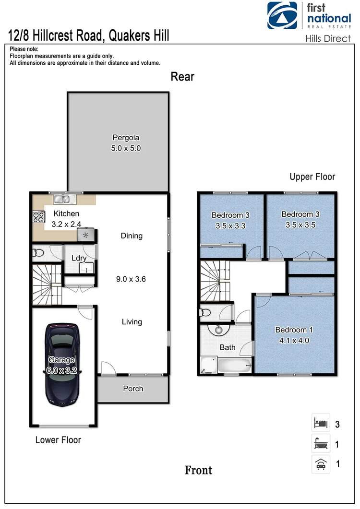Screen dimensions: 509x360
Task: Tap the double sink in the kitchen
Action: click(62, 199)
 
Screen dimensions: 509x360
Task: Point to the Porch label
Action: click(133, 389)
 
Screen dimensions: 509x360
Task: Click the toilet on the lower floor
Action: click(38, 253)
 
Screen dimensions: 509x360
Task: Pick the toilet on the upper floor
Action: click(206, 313)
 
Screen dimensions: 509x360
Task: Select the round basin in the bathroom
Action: click(219, 330)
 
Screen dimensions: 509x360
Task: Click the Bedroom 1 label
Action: click(294, 330)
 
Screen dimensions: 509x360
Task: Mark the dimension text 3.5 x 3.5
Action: click(300, 225)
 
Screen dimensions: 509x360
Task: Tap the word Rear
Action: click(182, 77)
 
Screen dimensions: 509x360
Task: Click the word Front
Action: click(198, 470)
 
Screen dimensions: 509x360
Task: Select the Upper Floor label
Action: click(312, 177)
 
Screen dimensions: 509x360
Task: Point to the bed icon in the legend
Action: click(320, 424)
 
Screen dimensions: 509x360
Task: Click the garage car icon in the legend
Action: click(320, 464)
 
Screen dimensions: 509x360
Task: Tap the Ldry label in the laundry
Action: click(79, 258)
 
